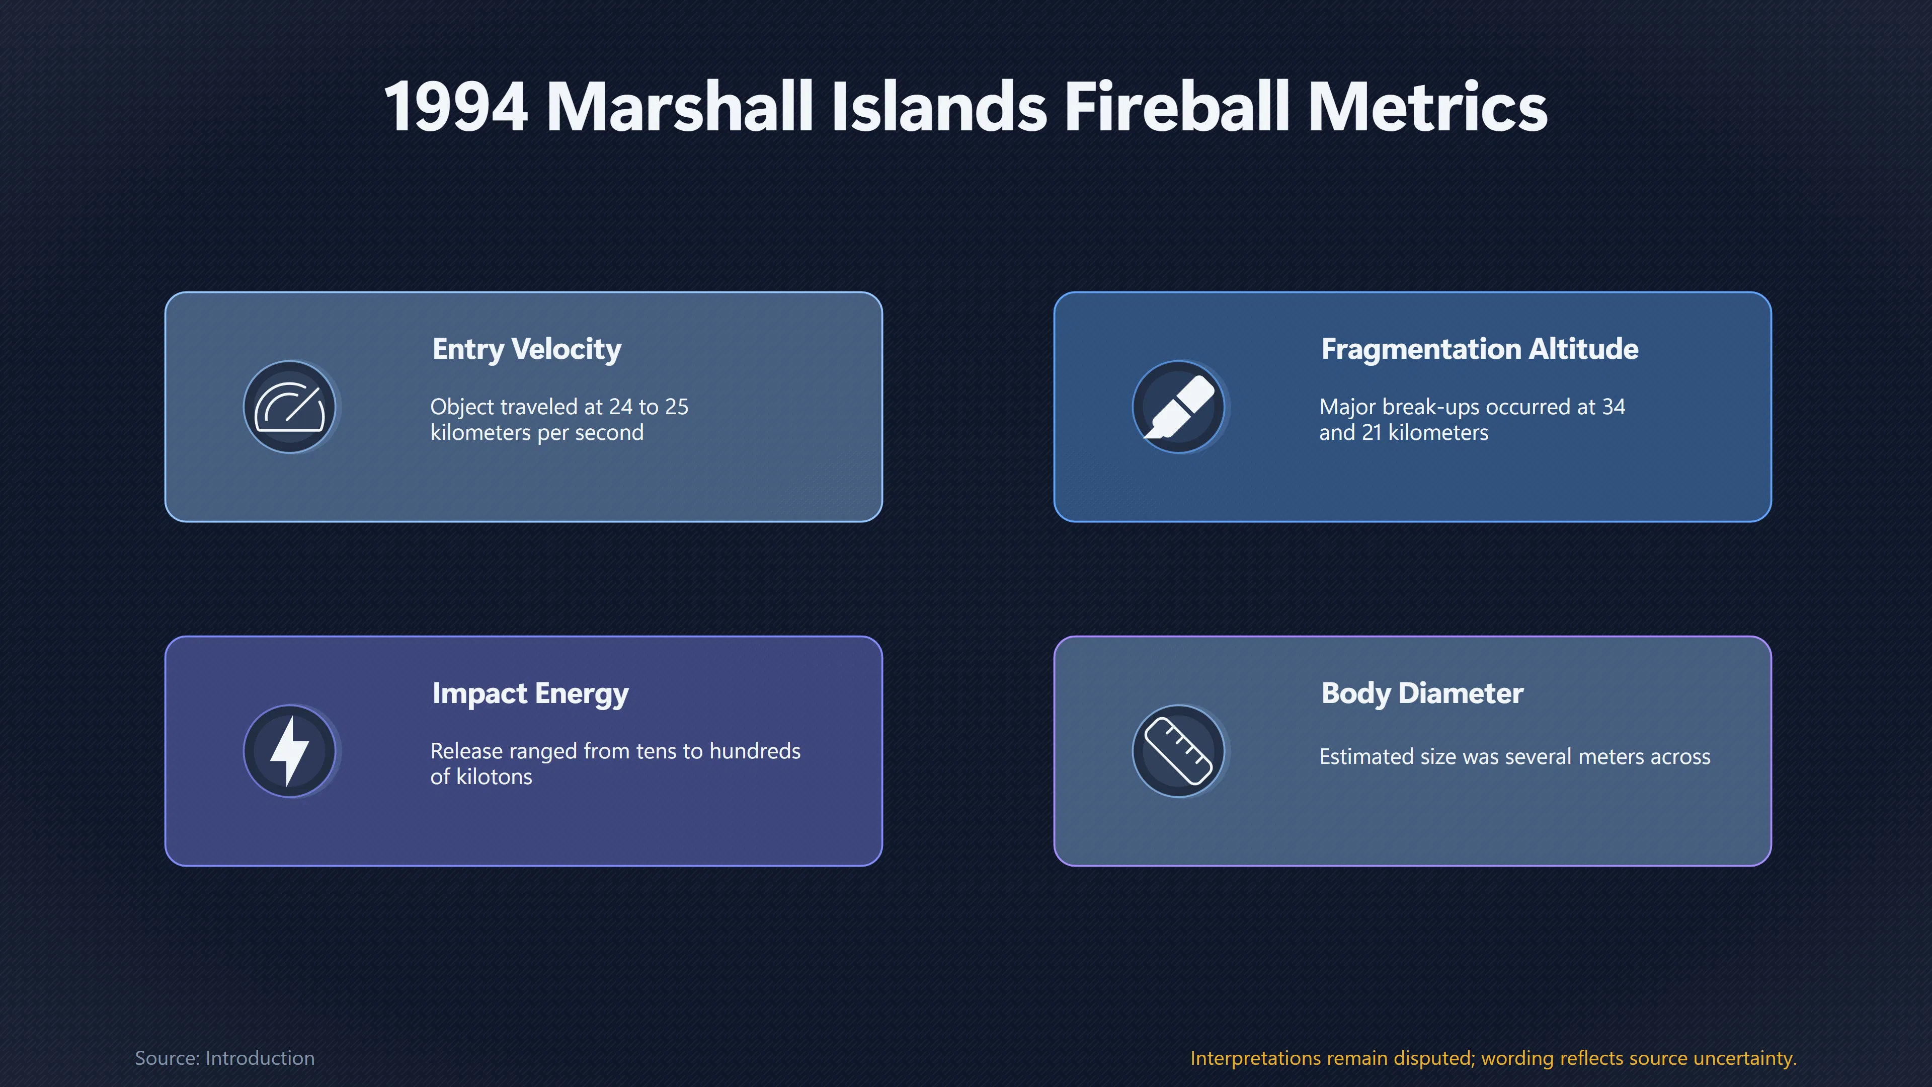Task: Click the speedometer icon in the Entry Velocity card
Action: (289, 407)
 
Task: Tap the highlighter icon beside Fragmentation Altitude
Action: (1178, 407)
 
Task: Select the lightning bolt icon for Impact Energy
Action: (289, 751)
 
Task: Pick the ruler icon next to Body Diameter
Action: (1178, 751)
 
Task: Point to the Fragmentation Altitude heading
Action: (1480, 349)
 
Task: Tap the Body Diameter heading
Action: (1422, 693)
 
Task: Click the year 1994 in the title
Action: (456, 107)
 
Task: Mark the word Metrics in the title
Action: (1427, 107)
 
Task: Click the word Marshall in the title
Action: (680, 107)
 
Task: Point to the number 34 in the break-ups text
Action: (1613, 407)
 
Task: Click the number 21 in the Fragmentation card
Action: (1372, 433)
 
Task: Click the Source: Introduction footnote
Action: (224, 1058)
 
